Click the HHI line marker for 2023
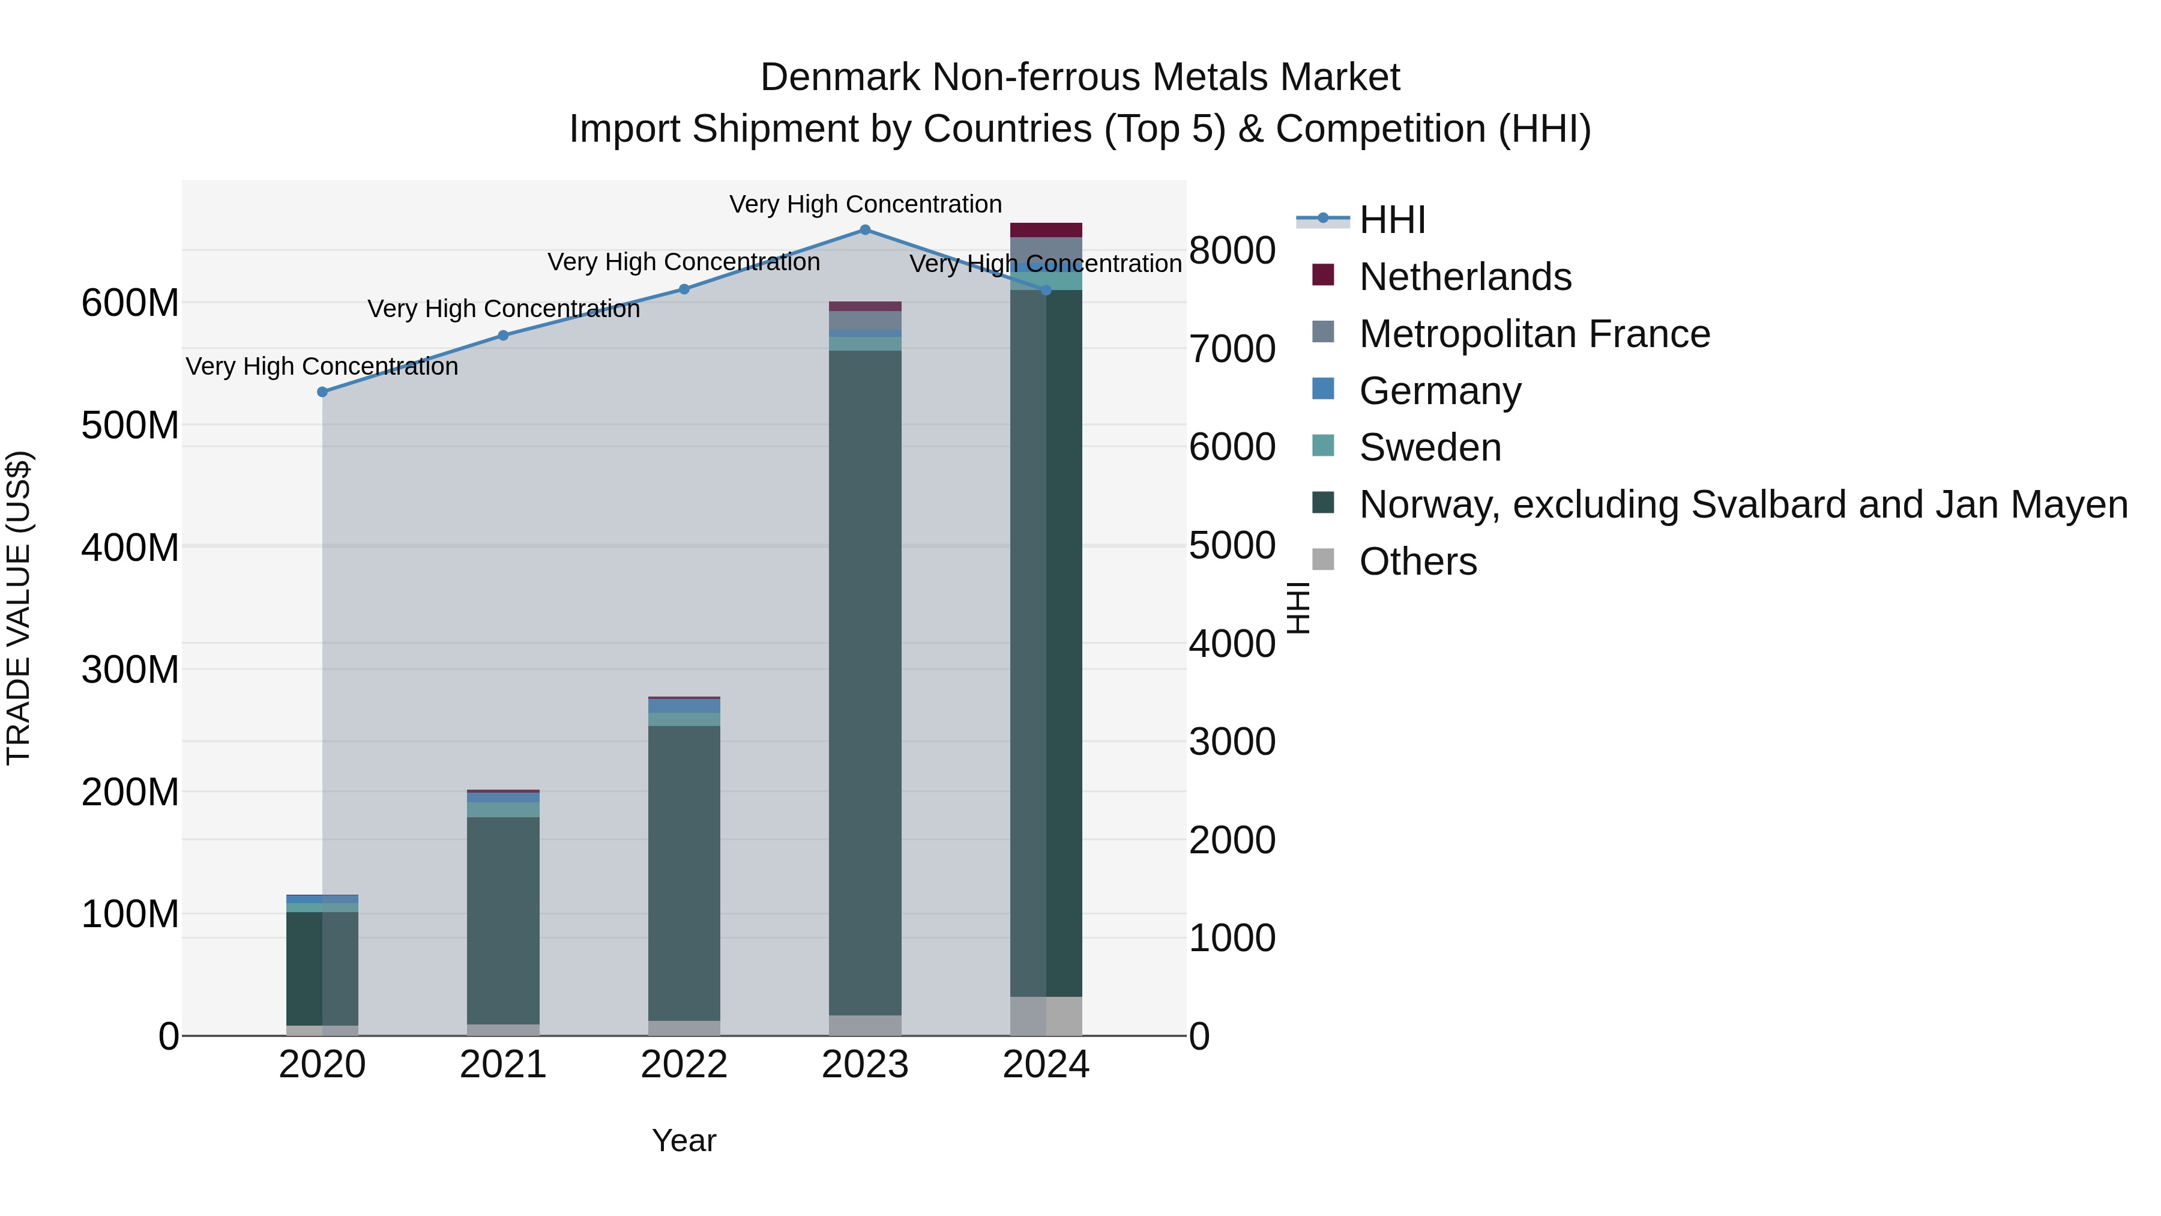[x=865, y=230]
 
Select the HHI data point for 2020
[x=322, y=392]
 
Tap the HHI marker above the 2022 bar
[x=684, y=289]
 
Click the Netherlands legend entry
[x=1464, y=277]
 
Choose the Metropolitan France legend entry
[x=1534, y=334]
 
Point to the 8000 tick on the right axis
[x=1232, y=251]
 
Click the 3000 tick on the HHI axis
[x=1232, y=742]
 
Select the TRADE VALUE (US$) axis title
[x=19, y=608]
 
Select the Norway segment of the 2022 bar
[x=684, y=873]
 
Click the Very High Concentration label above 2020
[x=322, y=367]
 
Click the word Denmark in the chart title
[x=842, y=77]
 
